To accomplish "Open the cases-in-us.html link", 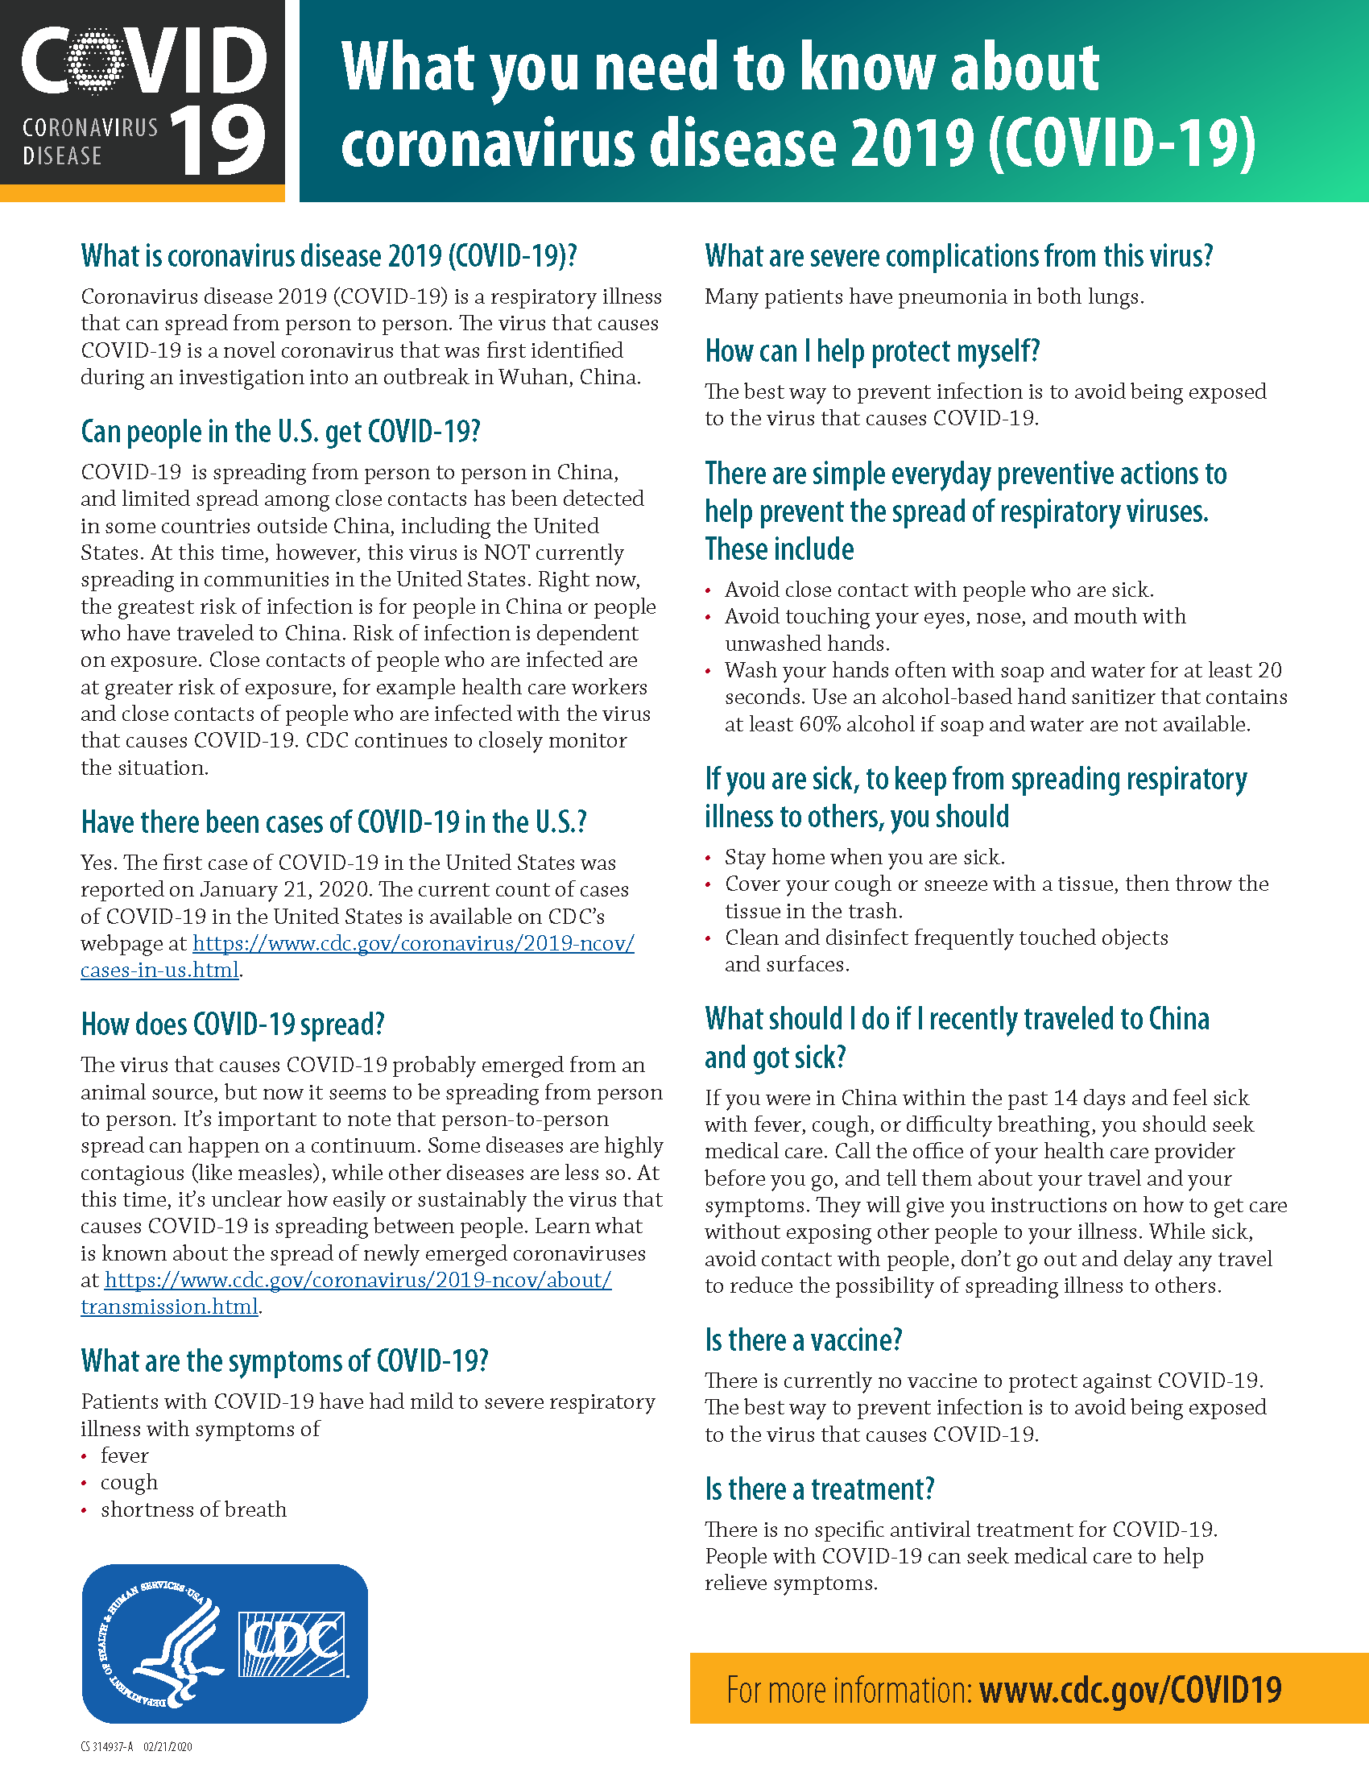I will pos(159,971).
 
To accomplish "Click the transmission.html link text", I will pos(168,1307).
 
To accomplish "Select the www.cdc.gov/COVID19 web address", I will pos(1131,1691).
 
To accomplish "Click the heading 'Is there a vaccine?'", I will pos(803,1340).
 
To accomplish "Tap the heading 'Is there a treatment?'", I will pos(819,1489).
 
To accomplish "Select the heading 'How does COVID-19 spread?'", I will pos(233,1025).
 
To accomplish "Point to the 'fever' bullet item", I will pos(124,1455).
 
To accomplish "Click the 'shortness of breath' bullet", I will pos(193,1509).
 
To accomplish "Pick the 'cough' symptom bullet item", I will pos(129,1482).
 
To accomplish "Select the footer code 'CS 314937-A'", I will pos(106,1747).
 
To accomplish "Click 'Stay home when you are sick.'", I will pos(865,858).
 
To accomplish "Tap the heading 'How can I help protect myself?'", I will pos(872,351).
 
